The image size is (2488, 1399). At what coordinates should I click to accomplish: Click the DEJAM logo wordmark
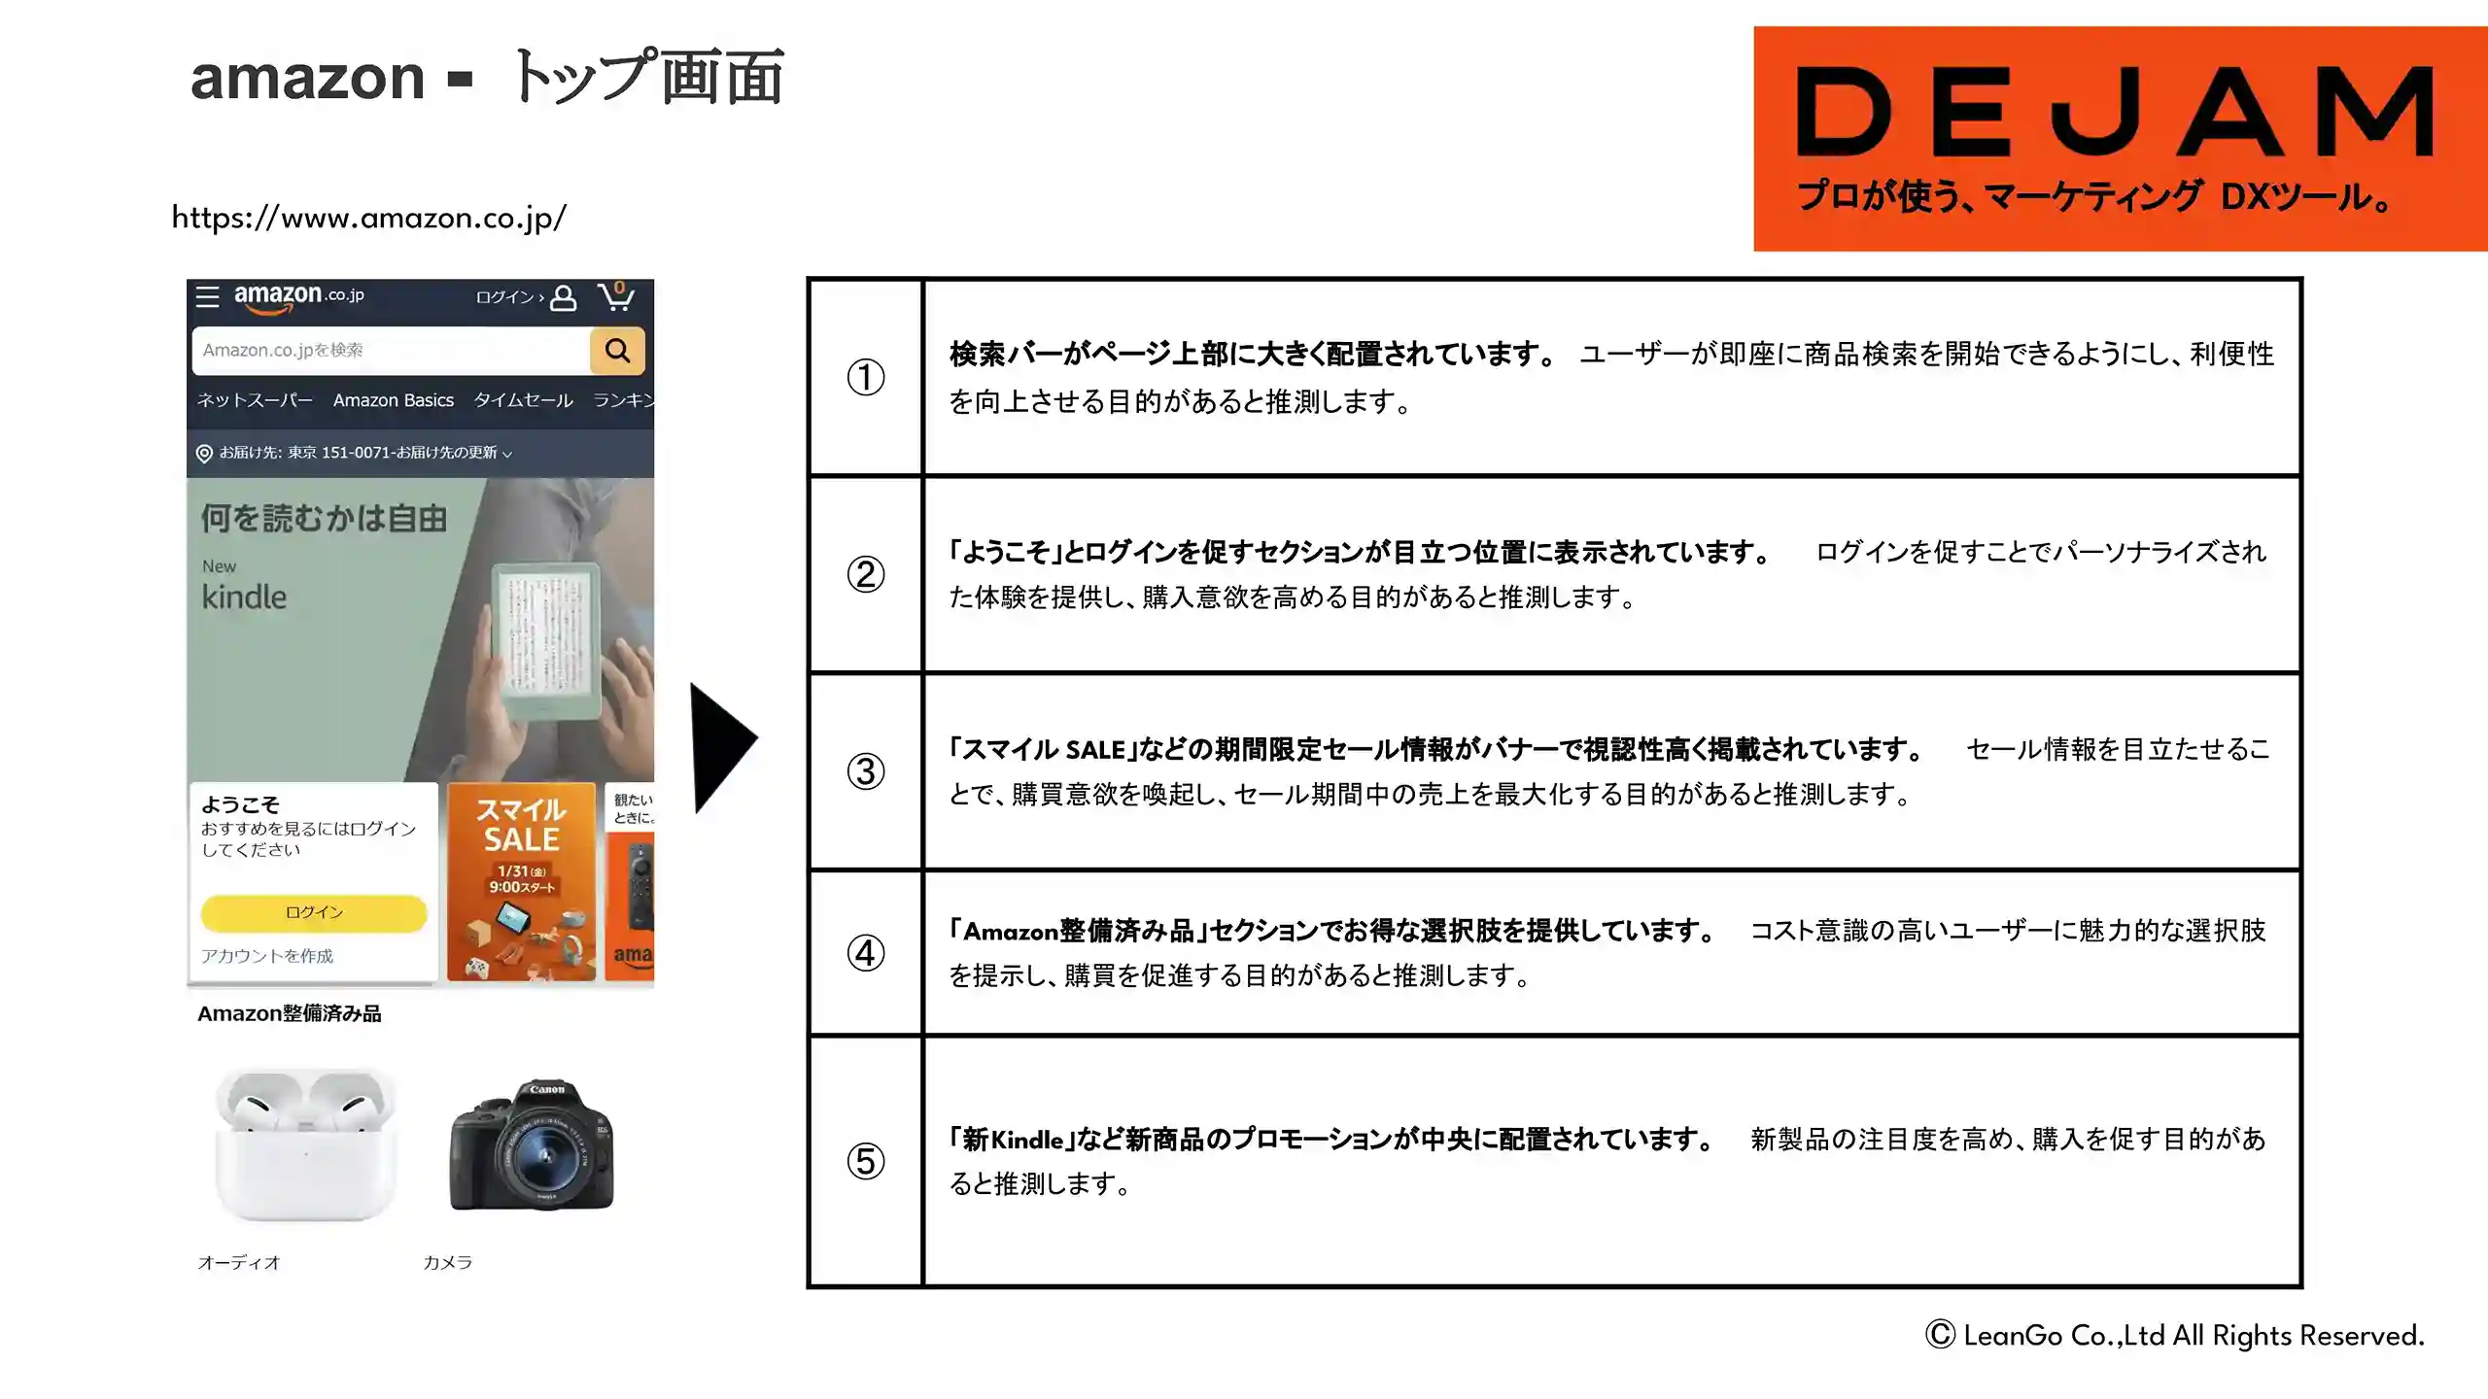[x=2115, y=111]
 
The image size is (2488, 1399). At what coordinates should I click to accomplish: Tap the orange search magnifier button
[x=617, y=350]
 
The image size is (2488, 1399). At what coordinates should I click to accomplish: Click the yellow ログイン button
[x=314, y=912]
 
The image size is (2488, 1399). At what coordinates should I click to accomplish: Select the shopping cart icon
[x=616, y=295]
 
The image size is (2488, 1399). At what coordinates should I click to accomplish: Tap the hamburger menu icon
[x=207, y=296]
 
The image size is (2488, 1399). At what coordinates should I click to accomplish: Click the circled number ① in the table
[x=866, y=377]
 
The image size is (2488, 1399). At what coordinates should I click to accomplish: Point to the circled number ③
[x=866, y=771]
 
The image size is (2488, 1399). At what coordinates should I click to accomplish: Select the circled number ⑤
[x=866, y=1161]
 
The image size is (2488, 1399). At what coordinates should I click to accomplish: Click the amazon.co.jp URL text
[x=369, y=218]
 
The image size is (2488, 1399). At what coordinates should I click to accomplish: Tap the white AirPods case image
[x=306, y=1144]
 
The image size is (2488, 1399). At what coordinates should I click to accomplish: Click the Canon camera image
[x=532, y=1144]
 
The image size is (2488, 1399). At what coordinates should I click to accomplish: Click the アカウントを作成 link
[x=267, y=956]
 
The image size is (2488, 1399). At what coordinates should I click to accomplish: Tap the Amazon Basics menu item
[x=394, y=400]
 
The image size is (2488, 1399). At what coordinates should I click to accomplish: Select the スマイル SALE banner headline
[x=522, y=825]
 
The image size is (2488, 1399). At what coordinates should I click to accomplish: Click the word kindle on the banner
[x=244, y=597]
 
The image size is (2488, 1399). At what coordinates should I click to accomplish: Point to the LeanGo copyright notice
[x=2175, y=1336]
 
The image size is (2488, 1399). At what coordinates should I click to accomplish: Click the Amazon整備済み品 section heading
[x=290, y=1013]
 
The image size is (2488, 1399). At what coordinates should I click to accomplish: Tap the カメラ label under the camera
[x=448, y=1262]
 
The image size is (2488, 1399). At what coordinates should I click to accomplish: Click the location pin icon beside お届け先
[x=204, y=454]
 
